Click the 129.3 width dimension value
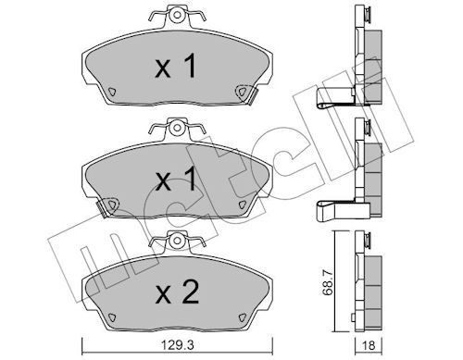pos(177,346)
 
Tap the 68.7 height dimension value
pos(327,282)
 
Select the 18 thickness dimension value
pos(369,346)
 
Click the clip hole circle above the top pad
pos(177,15)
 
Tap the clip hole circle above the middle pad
pos(177,128)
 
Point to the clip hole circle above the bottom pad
pos(177,240)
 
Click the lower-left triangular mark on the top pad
pos(111,92)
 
